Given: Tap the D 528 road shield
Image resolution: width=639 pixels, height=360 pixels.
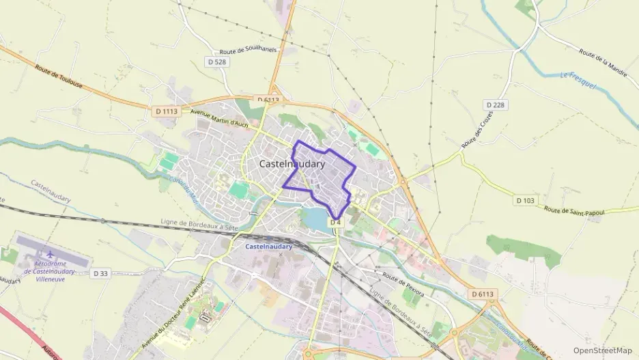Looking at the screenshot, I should coord(216,61).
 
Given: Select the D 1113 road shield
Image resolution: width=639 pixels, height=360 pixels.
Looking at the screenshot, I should coord(166,111).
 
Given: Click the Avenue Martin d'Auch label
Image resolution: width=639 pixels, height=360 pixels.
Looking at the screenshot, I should coord(218,118).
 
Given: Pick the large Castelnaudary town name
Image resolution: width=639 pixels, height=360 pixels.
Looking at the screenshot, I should coord(292,164).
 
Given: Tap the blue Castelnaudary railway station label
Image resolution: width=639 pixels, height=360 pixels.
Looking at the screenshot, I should coord(268,246).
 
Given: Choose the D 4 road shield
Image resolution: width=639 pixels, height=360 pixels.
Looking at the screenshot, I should coord(335,223).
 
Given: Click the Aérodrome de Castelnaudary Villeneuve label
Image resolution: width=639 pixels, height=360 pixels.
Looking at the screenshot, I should coord(53,272).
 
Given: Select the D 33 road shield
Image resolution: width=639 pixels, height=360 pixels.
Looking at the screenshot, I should coord(100,274).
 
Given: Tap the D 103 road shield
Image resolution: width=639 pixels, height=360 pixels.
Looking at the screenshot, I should coord(525,200).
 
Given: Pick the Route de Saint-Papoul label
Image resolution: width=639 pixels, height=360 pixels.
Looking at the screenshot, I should coord(574,208).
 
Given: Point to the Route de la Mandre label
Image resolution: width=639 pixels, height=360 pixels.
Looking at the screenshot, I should coord(603,61).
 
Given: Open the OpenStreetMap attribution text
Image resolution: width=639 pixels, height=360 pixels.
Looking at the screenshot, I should coord(603,350).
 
